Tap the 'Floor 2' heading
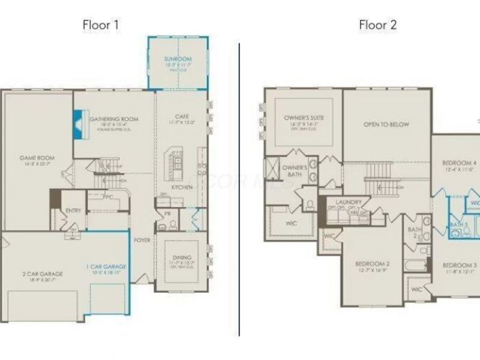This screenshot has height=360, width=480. coord(377,25)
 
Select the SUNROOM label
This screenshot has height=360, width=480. coord(178,59)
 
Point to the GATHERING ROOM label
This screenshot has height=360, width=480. coord(114,119)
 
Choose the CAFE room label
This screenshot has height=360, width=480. coord(182,116)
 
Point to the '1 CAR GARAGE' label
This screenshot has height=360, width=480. coord(106,266)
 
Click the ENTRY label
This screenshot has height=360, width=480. coord(73,210)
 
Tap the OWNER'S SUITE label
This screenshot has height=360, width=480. coord(304,118)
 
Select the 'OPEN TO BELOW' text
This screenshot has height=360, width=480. coord(386,125)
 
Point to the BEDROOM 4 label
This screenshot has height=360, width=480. coord(459,163)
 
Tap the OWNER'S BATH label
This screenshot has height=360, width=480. coord(295,170)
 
